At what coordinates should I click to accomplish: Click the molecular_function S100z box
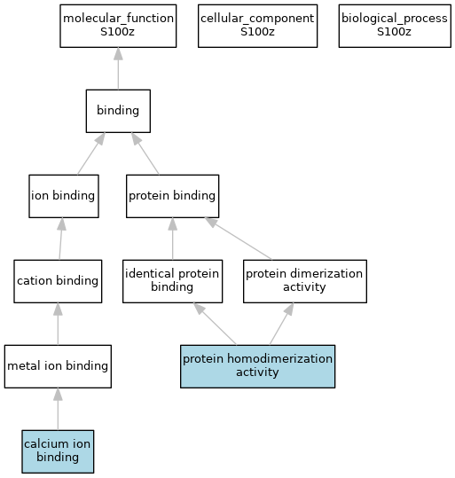click(x=118, y=26)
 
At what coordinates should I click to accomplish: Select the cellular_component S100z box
click(x=258, y=26)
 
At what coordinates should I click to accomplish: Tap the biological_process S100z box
click(x=395, y=26)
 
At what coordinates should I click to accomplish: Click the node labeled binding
click(x=118, y=111)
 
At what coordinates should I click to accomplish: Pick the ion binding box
click(x=64, y=196)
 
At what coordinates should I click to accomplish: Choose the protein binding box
click(x=173, y=196)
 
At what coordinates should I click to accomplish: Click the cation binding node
click(x=58, y=281)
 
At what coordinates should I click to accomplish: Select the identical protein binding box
click(x=173, y=281)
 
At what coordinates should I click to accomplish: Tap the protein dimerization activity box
click(x=305, y=281)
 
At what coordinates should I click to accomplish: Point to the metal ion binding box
click(x=58, y=366)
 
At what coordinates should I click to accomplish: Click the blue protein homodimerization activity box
click(x=258, y=366)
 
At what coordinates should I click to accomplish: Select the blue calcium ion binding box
click(x=58, y=451)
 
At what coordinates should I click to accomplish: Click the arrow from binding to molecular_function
click(x=118, y=68)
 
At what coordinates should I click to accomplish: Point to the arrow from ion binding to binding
click(x=91, y=153)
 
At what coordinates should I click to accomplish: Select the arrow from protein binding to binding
click(x=145, y=153)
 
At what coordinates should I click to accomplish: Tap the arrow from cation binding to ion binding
click(x=60, y=239)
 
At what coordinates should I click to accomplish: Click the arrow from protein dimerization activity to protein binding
click(x=239, y=239)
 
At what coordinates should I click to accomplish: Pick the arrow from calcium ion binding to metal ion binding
click(x=58, y=409)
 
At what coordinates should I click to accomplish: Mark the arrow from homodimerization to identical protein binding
click(x=215, y=324)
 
